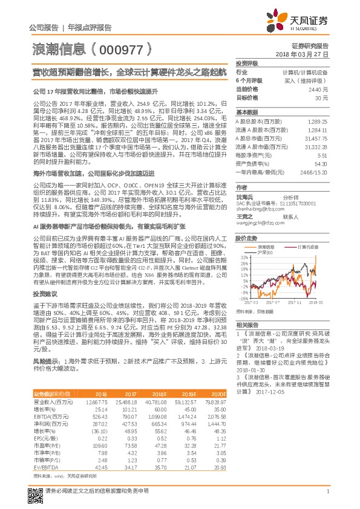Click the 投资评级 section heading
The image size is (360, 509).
point(247,63)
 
